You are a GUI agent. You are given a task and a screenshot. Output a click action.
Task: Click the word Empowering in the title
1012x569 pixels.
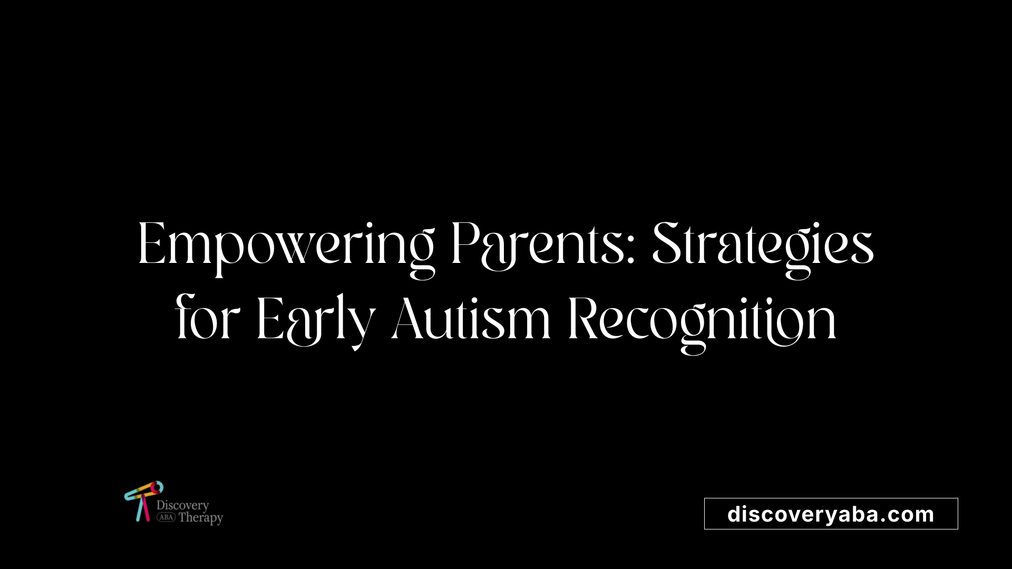click(286, 248)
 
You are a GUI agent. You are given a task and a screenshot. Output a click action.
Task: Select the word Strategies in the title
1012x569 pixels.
click(763, 248)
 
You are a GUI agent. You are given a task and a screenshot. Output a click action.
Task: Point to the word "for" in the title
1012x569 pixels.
click(208, 317)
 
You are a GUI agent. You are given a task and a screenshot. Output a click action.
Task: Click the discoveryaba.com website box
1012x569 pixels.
click(831, 514)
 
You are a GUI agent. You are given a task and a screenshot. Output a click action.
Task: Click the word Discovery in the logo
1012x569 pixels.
click(182, 505)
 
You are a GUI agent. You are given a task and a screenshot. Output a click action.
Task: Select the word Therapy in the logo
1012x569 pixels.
click(201, 518)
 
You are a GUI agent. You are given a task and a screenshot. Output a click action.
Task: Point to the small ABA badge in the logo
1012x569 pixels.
click(166, 517)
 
